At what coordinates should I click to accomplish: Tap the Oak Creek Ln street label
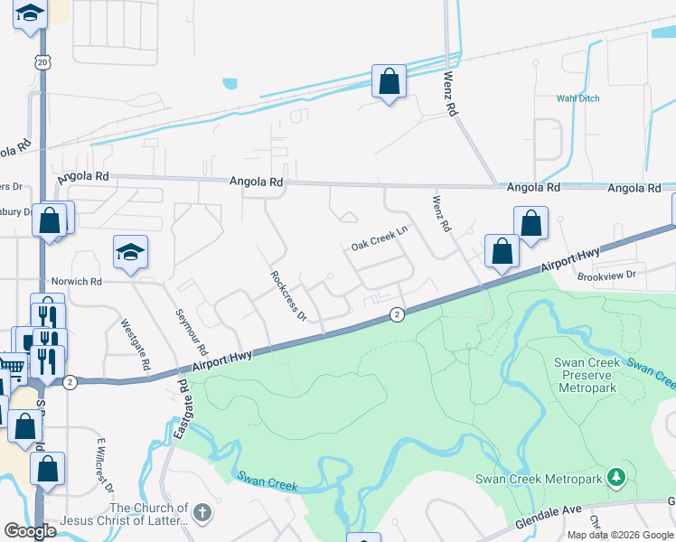[x=380, y=239]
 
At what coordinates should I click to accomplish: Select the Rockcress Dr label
[x=289, y=295]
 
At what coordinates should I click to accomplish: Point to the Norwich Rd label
[x=76, y=281]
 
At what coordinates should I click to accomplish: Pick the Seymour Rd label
[x=190, y=332]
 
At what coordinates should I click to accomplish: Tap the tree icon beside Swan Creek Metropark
[x=616, y=476]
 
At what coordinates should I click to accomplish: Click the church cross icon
[x=202, y=513]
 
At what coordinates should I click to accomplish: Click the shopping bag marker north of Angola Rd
[x=389, y=81]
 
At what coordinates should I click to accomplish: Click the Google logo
[x=31, y=531]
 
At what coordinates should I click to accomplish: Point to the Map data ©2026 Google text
[x=620, y=535]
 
